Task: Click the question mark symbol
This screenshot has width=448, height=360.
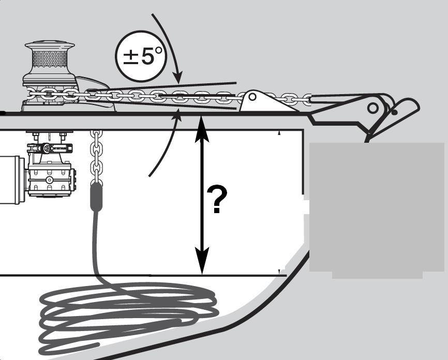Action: [x=217, y=200]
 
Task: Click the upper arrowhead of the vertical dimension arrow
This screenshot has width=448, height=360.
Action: [x=202, y=129]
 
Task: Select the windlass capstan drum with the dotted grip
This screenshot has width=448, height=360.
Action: [x=50, y=59]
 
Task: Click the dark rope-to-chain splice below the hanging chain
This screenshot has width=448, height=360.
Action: [x=96, y=197]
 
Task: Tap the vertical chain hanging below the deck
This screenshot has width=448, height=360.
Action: [x=97, y=157]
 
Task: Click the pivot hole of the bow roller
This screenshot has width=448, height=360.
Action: [x=372, y=108]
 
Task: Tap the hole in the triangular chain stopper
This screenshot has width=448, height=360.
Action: [x=252, y=97]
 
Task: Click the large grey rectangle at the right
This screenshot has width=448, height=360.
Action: [x=377, y=211]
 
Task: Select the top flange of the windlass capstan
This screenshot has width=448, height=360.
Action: [x=50, y=46]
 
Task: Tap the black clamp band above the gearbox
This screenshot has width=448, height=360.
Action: [x=50, y=148]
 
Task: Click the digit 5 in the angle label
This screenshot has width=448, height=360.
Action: [x=148, y=56]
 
